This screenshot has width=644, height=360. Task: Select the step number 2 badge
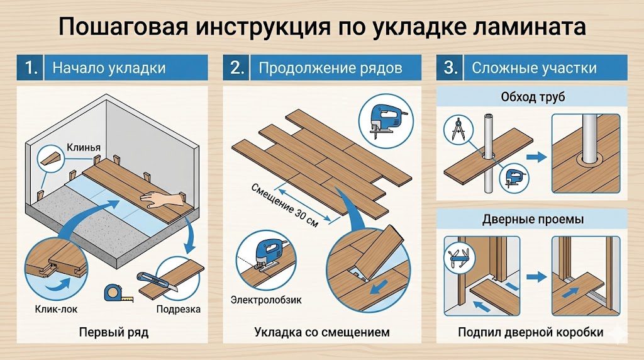(236, 68)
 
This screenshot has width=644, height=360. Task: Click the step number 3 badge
(450, 68)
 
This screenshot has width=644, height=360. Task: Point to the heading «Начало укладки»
(108, 68)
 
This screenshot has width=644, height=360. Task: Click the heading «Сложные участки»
(533, 68)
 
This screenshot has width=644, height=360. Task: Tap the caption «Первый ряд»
(114, 332)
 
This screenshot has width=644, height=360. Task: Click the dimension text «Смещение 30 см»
(284, 205)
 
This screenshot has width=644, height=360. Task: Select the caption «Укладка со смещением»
(322, 332)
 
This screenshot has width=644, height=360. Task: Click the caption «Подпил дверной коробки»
(530, 332)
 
